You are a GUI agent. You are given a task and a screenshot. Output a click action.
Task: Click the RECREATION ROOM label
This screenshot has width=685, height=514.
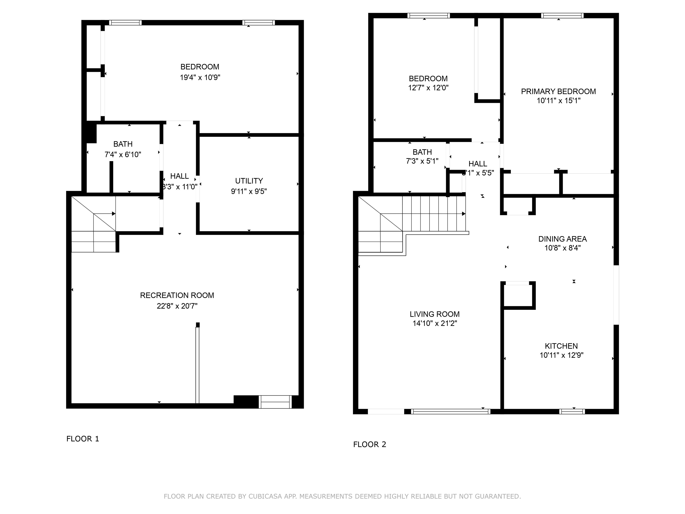177,295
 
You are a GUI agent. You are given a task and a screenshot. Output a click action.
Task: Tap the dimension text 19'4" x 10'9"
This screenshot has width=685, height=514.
200,77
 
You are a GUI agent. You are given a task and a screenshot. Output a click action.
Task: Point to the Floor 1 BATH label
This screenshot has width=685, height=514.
123,144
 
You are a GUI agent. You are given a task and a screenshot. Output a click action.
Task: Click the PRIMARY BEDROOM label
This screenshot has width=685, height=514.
558,91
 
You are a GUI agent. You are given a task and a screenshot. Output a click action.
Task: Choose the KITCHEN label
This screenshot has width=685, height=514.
561,346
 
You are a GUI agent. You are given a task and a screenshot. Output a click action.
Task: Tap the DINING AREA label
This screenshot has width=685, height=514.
562,239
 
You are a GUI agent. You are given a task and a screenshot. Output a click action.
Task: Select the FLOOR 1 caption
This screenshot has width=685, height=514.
83,439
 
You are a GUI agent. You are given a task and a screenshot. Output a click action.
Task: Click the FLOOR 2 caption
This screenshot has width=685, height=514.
369,444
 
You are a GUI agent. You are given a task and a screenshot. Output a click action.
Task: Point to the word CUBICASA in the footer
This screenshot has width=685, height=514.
265,496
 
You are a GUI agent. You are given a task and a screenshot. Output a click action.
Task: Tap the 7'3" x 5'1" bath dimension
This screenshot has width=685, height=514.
422,161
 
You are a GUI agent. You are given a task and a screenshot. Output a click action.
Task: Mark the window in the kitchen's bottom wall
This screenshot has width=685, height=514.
572,411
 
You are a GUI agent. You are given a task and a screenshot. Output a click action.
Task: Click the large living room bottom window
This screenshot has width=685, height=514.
451,411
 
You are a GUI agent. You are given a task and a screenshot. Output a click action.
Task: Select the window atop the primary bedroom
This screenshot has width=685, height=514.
562,15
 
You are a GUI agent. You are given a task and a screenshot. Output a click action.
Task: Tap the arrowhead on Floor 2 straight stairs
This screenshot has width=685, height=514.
464,214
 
